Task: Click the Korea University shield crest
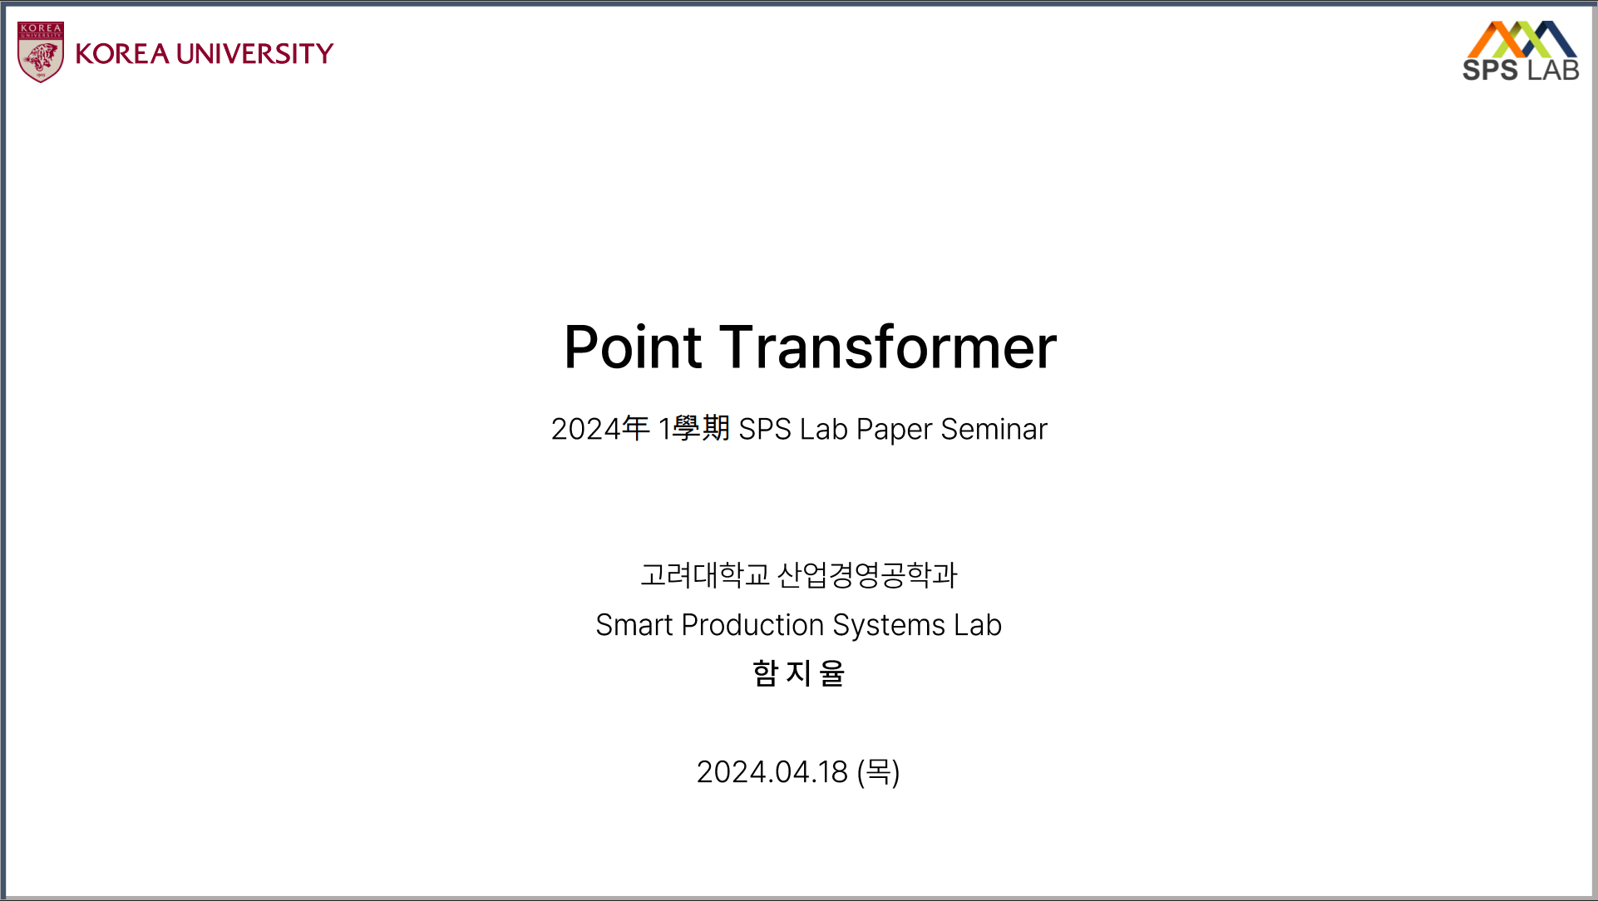[x=41, y=52]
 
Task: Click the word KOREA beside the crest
[x=122, y=54]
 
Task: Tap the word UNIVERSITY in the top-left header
[x=254, y=54]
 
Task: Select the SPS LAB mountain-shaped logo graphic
[x=1522, y=38]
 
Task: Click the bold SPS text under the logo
[x=1490, y=71]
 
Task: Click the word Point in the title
[x=633, y=347]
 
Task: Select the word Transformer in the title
[x=888, y=347]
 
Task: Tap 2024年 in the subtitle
[x=599, y=429]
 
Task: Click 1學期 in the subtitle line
[x=693, y=429]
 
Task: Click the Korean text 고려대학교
[x=705, y=574]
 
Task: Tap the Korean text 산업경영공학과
[x=867, y=574]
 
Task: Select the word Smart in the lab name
[x=634, y=625]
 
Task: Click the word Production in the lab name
[x=752, y=625]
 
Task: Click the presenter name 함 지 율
[x=798, y=673]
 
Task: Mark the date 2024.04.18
[x=772, y=772]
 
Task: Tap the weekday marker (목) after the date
[x=878, y=772]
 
